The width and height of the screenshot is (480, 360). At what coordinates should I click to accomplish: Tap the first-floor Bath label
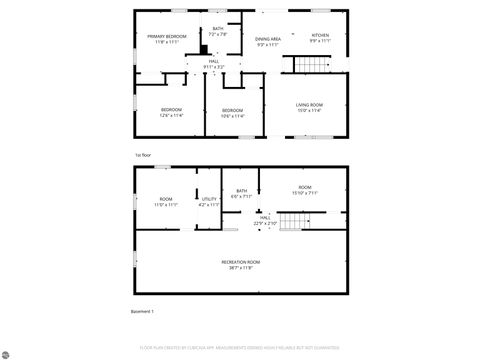(x=218, y=29)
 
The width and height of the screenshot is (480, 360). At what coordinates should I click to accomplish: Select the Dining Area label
(x=268, y=38)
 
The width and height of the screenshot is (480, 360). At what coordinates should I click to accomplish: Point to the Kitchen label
(x=320, y=35)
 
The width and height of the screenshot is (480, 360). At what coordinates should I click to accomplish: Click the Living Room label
(x=308, y=104)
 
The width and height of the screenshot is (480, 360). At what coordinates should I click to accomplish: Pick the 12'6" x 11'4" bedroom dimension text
(x=172, y=115)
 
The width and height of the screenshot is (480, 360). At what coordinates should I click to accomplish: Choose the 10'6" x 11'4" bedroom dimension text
(x=232, y=115)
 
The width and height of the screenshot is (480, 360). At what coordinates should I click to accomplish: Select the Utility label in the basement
(x=209, y=199)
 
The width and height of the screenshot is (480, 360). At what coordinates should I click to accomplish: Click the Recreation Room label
(x=237, y=261)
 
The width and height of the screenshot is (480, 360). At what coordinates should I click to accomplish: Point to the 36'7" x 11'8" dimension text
(x=237, y=267)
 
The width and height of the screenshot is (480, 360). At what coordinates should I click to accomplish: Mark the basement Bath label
(x=242, y=190)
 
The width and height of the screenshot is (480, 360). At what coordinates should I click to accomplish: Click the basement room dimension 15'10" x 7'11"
(x=304, y=193)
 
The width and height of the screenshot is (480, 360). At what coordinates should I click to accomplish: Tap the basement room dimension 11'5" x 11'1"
(x=166, y=204)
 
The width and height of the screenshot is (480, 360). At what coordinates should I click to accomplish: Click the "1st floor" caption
(x=142, y=155)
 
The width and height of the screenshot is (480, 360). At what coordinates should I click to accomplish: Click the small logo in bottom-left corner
(x=8, y=351)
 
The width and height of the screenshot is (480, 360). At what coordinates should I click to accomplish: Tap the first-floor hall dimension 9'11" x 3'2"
(x=214, y=67)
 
